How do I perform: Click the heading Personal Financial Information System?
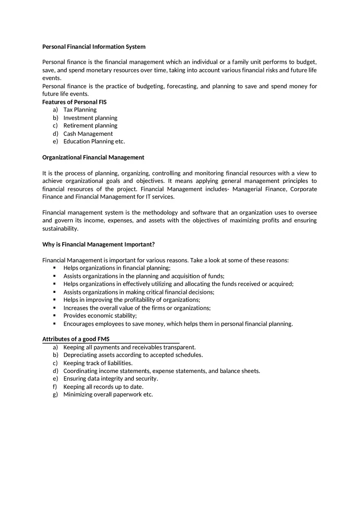tap(94, 47)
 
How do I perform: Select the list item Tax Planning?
tap(80, 110)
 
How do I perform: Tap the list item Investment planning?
tap(90, 118)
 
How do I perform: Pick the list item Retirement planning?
tap(90, 126)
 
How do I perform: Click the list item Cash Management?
tap(88, 134)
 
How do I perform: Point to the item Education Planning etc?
tap(94, 142)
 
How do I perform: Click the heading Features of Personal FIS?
tap(74, 102)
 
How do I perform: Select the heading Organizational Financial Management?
tap(93, 157)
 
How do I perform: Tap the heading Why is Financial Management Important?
tap(99, 245)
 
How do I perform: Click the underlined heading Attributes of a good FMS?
tap(76, 339)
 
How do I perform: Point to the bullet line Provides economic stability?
tap(100, 316)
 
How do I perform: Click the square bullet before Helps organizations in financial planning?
tap(54, 268)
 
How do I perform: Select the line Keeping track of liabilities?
tap(98, 363)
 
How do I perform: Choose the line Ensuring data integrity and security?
tap(110, 379)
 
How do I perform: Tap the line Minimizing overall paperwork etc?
tap(108, 395)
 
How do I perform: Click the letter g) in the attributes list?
tap(55, 395)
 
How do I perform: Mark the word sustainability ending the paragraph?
tap(60, 229)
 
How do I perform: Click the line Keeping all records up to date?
tap(103, 387)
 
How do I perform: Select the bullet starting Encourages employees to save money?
tap(178, 324)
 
